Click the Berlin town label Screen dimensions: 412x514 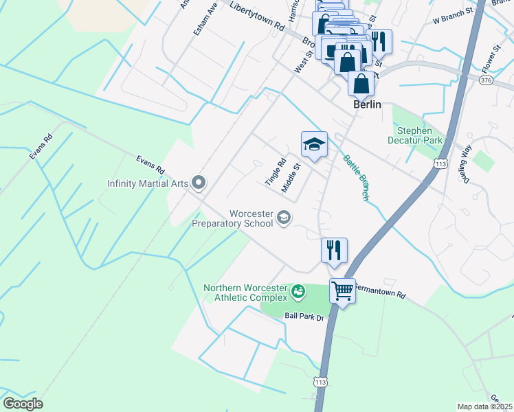(367, 105)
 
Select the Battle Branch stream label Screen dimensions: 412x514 (357, 177)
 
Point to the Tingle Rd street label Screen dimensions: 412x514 (276, 173)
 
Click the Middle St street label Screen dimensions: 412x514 (293, 177)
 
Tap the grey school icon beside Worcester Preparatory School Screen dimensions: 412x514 (283, 218)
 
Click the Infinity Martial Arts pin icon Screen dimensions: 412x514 (199, 183)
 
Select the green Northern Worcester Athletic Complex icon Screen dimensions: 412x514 (298, 293)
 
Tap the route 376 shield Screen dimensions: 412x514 (487, 81)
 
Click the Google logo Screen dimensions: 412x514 (23, 404)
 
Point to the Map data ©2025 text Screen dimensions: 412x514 (484, 407)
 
